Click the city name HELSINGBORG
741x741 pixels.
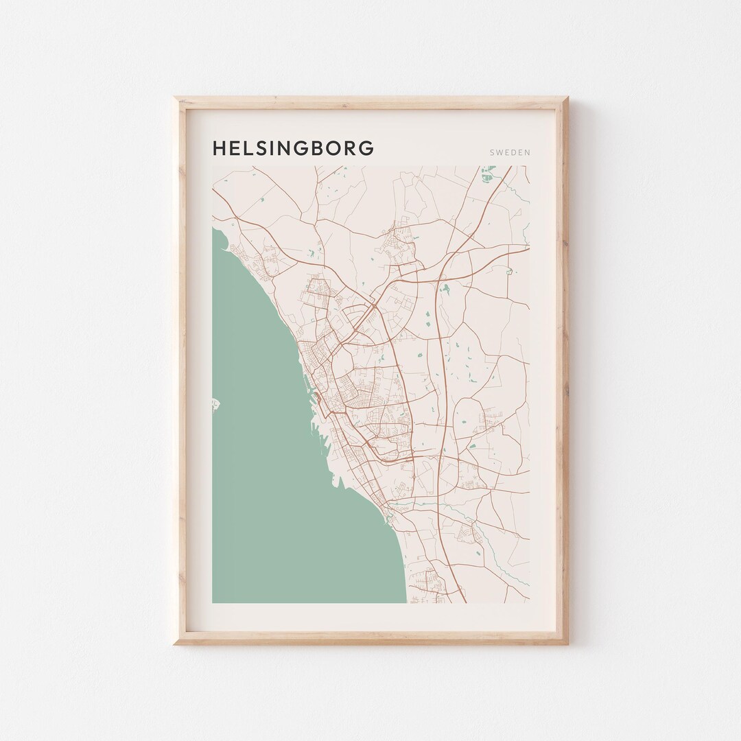(x=293, y=148)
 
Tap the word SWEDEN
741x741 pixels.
(x=510, y=152)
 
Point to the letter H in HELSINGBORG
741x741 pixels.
(x=220, y=148)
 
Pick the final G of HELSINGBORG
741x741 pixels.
(x=367, y=148)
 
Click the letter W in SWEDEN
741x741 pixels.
(x=499, y=152)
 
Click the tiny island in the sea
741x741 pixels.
(x=215, y=404)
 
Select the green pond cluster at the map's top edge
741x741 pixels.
(x=488, y=174)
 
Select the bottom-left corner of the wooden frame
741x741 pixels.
(x=176, y=643)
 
